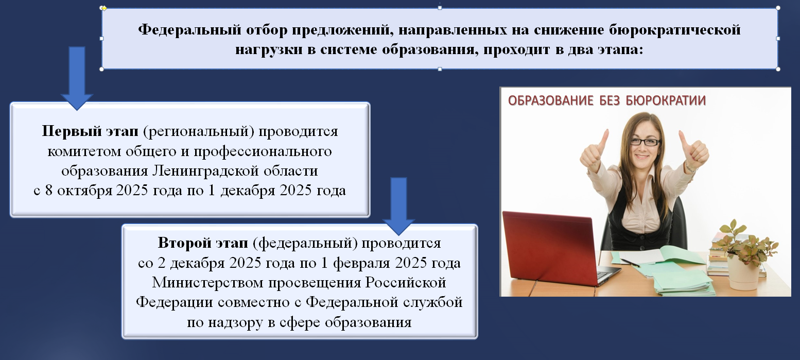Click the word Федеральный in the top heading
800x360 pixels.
[x=190, y=30]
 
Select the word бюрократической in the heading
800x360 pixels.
[x=674, y=30]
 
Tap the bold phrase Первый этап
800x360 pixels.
[x=90, y=131]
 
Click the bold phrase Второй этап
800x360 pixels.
[x=203, y=243]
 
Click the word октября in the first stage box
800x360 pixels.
[x=85, y=191]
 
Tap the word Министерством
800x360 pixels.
[x=208, y=283]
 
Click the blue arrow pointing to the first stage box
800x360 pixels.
[x=77, y=78]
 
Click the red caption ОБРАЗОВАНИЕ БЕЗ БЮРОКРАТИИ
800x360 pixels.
[x=607, y=101]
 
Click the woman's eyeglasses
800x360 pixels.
[x=645, y=142]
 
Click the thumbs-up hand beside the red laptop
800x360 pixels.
[x=594, y=153]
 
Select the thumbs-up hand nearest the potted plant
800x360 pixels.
[x=693, y=152]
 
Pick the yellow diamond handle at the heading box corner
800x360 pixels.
[x=104, y=8]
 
